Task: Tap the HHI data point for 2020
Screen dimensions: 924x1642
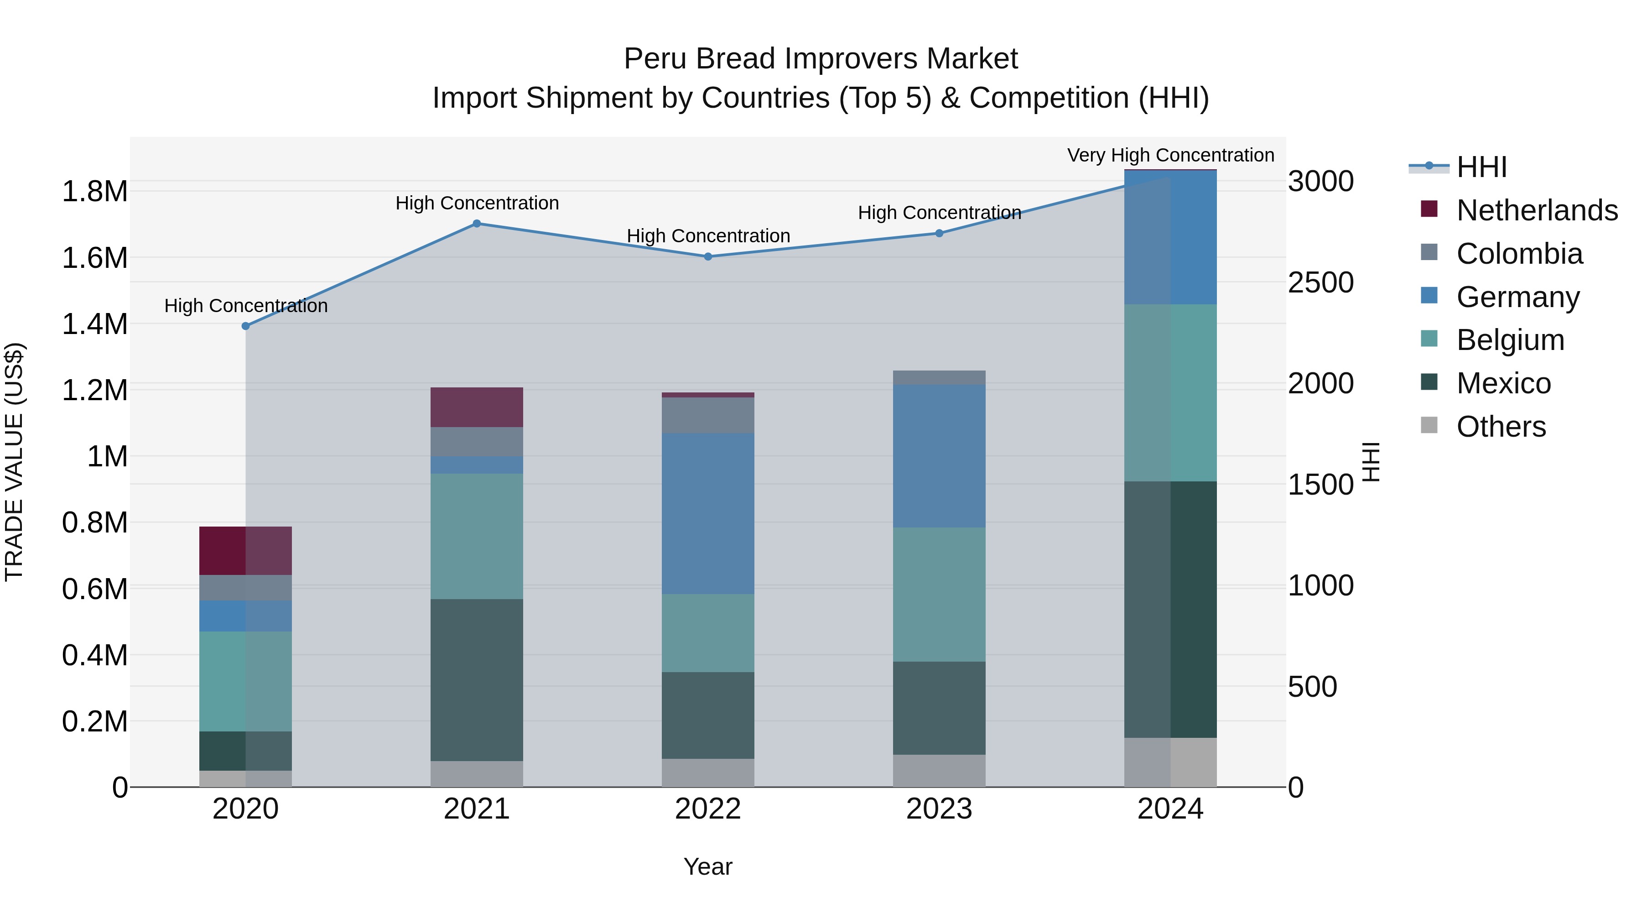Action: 245,326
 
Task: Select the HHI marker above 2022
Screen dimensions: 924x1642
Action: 707,257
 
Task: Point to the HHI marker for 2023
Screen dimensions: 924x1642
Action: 939,233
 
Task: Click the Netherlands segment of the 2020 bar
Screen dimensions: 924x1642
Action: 245,551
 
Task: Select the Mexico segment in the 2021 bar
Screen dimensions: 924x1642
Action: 477,680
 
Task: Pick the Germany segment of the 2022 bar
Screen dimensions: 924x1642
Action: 707,514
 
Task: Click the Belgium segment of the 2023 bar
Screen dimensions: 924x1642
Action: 939,594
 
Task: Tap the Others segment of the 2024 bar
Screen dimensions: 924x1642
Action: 1170,762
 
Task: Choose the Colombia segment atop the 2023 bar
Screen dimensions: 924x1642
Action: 939,377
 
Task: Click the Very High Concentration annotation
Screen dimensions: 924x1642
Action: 1170,156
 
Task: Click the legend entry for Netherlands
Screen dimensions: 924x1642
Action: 1536,210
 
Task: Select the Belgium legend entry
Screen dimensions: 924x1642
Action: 1509,340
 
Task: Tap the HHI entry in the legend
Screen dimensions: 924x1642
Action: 1481,167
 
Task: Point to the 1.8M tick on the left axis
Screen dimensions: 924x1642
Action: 94,191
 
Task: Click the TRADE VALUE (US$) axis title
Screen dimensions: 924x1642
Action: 14,462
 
